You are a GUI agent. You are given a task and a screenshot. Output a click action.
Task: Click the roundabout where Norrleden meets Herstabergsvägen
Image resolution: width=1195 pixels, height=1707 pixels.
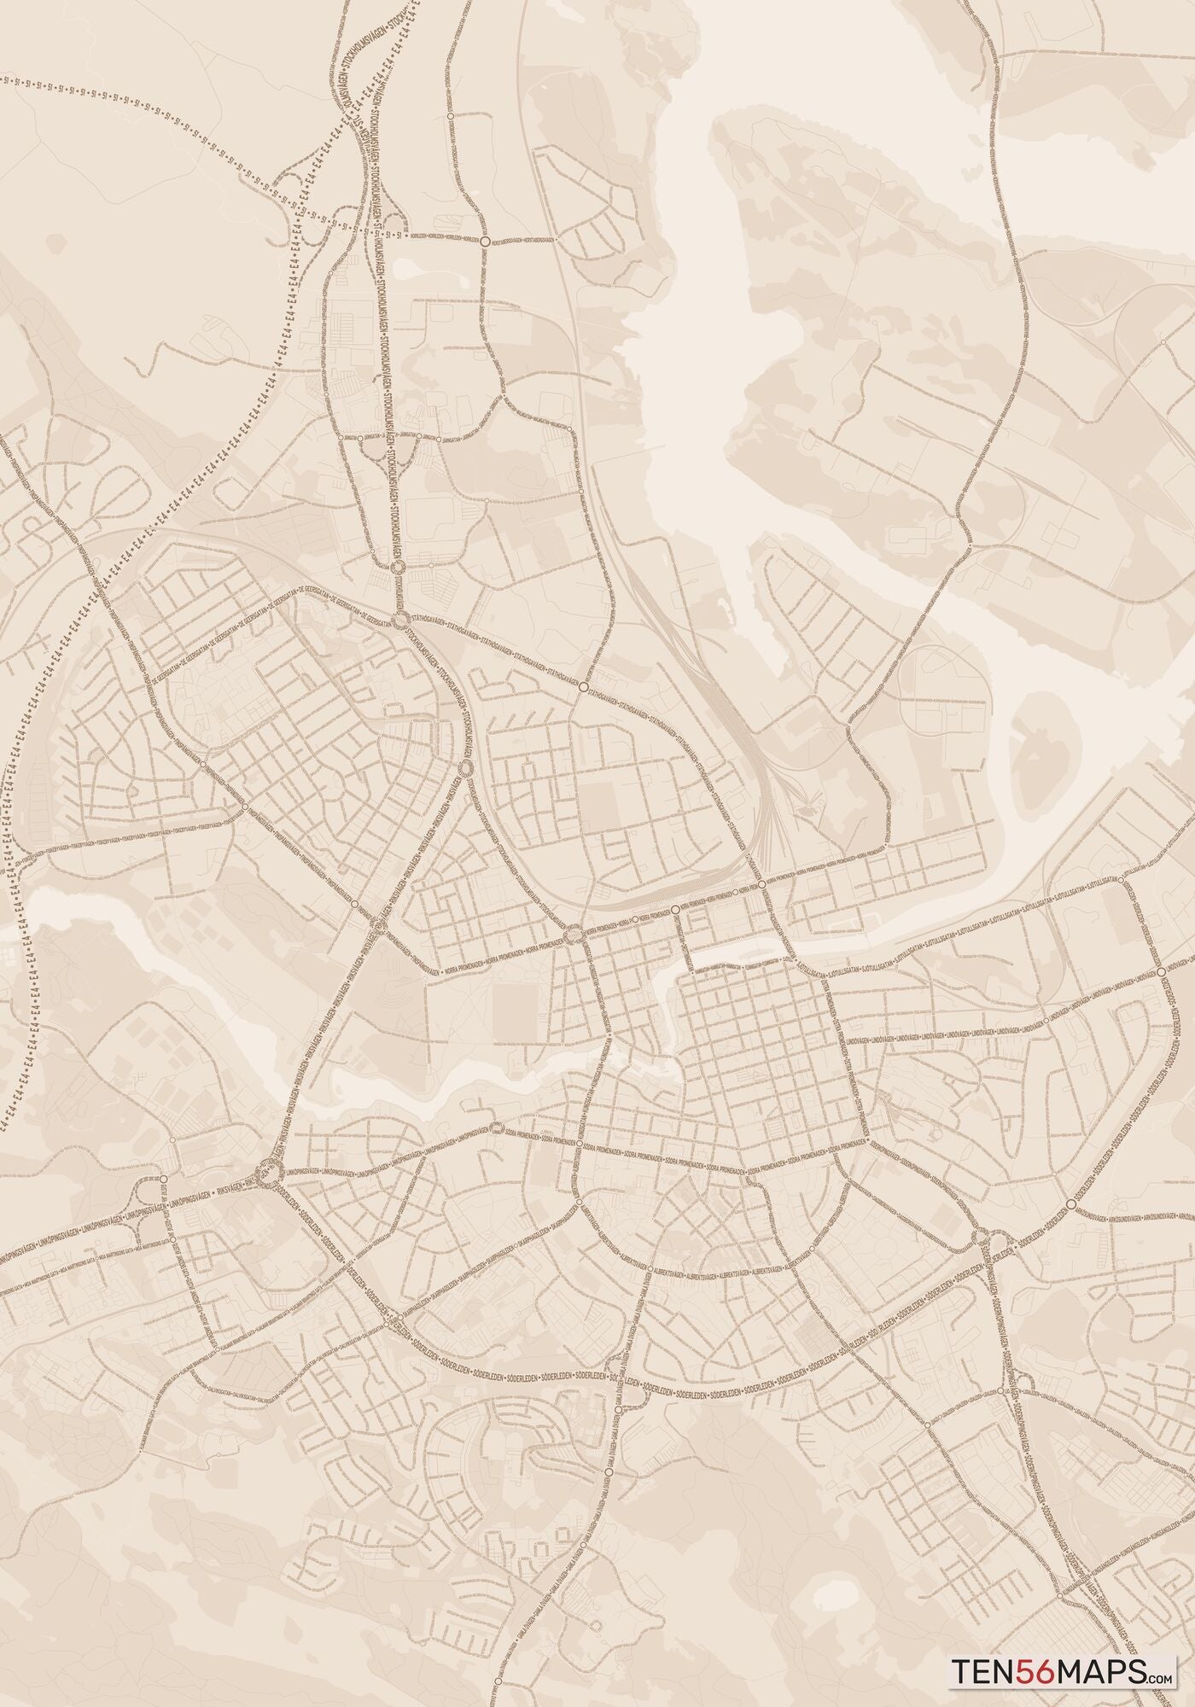485,242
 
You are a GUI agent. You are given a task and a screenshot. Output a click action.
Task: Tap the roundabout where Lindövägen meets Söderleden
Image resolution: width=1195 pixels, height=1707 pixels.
1162,972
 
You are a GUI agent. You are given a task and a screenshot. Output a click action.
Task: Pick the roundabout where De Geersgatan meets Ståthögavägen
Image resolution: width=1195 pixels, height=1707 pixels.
399,620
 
